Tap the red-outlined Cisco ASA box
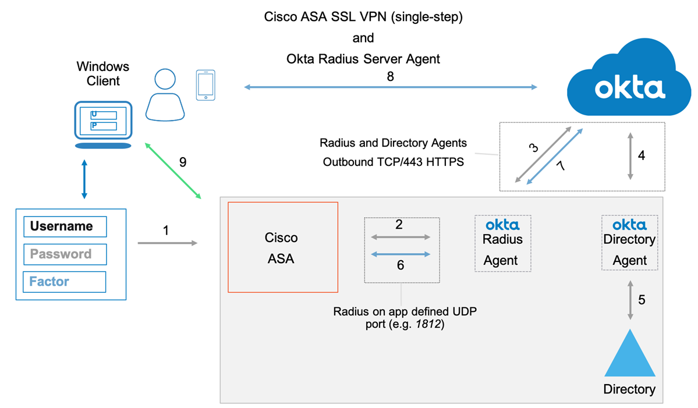click(x=282, y=247)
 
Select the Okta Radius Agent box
click(x=503, y=243)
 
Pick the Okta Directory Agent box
click(x=629, y=243)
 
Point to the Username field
click(x=66, y=226)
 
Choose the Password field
click(x=65, y=254)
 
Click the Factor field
click(x=64, y=282)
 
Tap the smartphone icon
click(x=205, y=85)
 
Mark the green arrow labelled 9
click(x=173, y=169)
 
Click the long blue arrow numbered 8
click(x=390, y=88)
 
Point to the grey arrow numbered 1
click(x=168, y=243)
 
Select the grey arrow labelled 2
click(x=401, y=237)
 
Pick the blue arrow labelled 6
click(x=401, y=254)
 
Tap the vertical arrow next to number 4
click(x=630, y=155)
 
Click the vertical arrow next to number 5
click(x=630, y=300)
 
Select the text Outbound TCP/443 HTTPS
click(x=394, y=161)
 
